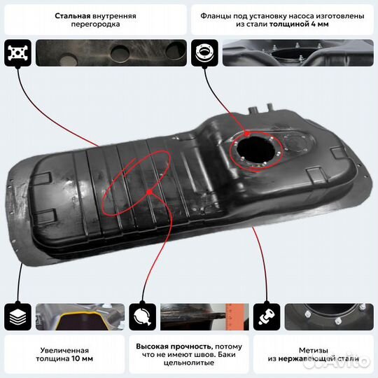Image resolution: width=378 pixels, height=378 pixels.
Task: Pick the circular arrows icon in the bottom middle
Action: click(142, 316)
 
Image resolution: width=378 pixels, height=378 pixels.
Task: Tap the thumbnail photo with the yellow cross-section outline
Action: click(80, 316)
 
